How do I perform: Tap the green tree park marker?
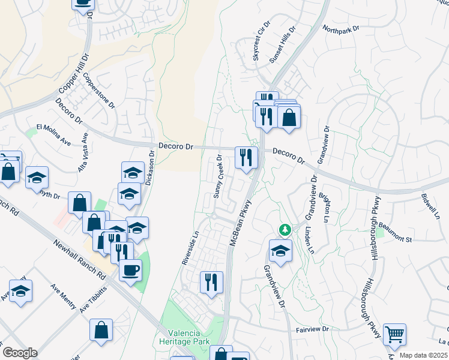coord(285,229)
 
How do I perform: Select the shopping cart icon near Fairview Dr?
coord(394,335)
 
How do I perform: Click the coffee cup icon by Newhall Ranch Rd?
coord(130,270)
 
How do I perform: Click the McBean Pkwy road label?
coord(240,222)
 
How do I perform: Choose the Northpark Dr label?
coord(340,28)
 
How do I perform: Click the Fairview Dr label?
coord(313,329)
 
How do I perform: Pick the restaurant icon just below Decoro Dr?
coord(246,158)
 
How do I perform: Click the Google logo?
coord(20,353)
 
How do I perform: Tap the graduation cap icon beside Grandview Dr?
coord(280,252)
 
